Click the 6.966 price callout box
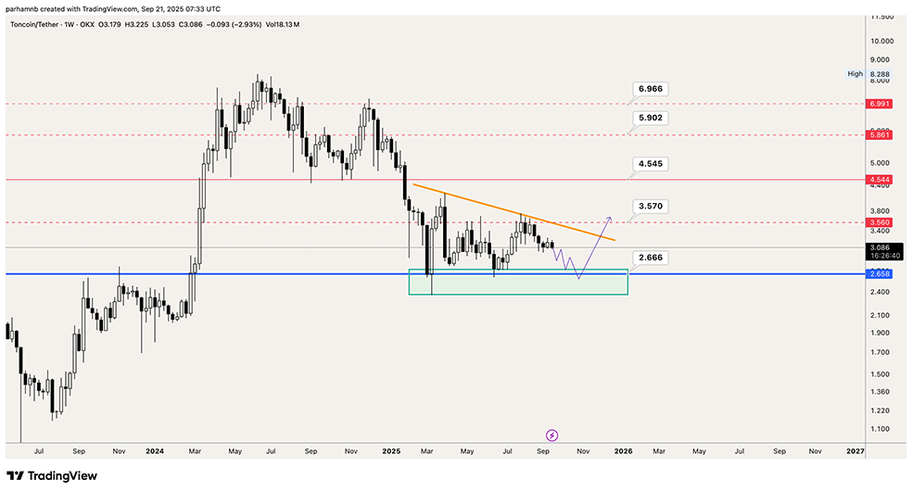pos(651,89)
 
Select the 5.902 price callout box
pos(651,119)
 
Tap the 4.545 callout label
pos(651,163)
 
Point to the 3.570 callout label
pos(651,206)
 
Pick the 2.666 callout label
pos(651,257)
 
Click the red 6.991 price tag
pos(880,104)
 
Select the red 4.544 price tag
pos(880,180)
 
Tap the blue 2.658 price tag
pos(880,274)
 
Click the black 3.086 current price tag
pos(880,247)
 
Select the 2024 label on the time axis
pos(155,451)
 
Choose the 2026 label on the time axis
pos(623,451)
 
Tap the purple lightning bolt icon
pos(552,435)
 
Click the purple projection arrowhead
pos(609,219)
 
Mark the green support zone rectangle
pos(518,283)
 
